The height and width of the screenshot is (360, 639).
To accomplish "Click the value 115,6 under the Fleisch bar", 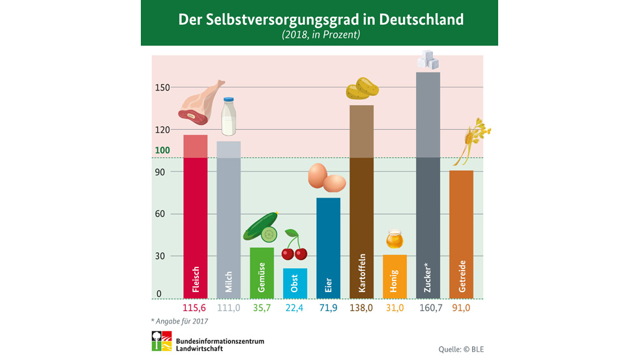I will pos(194,308).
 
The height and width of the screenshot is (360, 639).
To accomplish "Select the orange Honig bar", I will pos(394,277).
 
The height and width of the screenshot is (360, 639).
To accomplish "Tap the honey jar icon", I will pos(394,239).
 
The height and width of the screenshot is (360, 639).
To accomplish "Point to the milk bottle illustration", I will pos(228,117).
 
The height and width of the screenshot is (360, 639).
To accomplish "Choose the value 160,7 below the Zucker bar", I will pos(428,308).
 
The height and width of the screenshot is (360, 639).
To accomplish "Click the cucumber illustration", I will pos(261,227).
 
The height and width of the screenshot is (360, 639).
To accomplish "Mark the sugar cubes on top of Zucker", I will pos(428,61).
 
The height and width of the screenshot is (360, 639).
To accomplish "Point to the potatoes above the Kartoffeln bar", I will pos(362,89).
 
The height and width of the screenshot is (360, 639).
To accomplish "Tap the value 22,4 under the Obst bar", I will pos(295,308).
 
